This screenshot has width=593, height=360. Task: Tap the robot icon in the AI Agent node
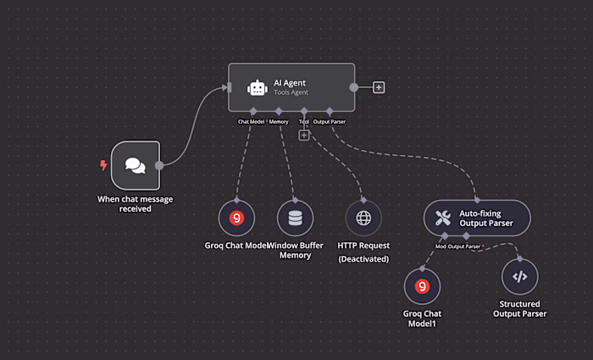click(257, 87)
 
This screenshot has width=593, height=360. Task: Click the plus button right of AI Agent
click(379, 87)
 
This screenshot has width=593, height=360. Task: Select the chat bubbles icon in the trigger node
click(135, 166)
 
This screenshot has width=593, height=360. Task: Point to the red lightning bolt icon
click(104, 165)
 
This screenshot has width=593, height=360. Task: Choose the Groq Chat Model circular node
click(236, 218)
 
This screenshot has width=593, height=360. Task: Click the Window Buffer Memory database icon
click(295, 218)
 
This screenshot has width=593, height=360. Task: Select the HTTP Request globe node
click(363, 218)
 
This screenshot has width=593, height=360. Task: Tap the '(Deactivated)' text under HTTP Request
click(363, 258)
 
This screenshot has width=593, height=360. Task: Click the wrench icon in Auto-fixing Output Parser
click(442, 218)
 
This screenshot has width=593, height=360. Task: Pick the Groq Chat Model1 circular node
click(422, 286)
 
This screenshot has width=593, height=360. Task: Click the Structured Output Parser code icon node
click(520, 276)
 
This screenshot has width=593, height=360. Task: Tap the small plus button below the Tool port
click(304, 135)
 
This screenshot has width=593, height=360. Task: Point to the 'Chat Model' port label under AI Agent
click(252, 122)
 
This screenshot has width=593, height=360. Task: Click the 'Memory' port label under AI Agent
click(279, 122)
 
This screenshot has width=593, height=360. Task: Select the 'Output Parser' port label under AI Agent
click(330, 122)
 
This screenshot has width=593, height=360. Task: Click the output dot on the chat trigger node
click(158, 166)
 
